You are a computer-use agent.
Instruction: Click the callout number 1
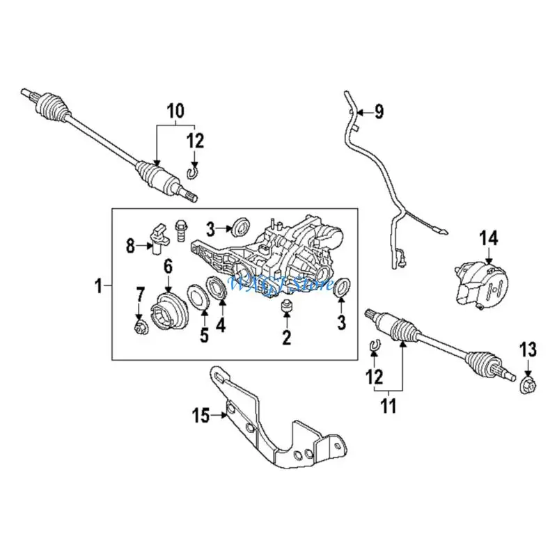(x=98, y=285)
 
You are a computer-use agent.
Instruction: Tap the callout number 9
(x=379, y=111)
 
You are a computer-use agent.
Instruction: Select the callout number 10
(x=175, y=109)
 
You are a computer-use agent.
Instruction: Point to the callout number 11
(x=388, y=403)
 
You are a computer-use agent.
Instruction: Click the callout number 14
(x=488, y=239)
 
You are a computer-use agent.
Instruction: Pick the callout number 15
(x=201, y=416)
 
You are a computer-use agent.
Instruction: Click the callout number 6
(x=168, y=266)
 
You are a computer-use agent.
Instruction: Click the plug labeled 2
(x=285, y=308)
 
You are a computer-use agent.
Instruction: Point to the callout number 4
(x=221, y=324)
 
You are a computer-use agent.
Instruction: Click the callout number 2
(x=285, y=339)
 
